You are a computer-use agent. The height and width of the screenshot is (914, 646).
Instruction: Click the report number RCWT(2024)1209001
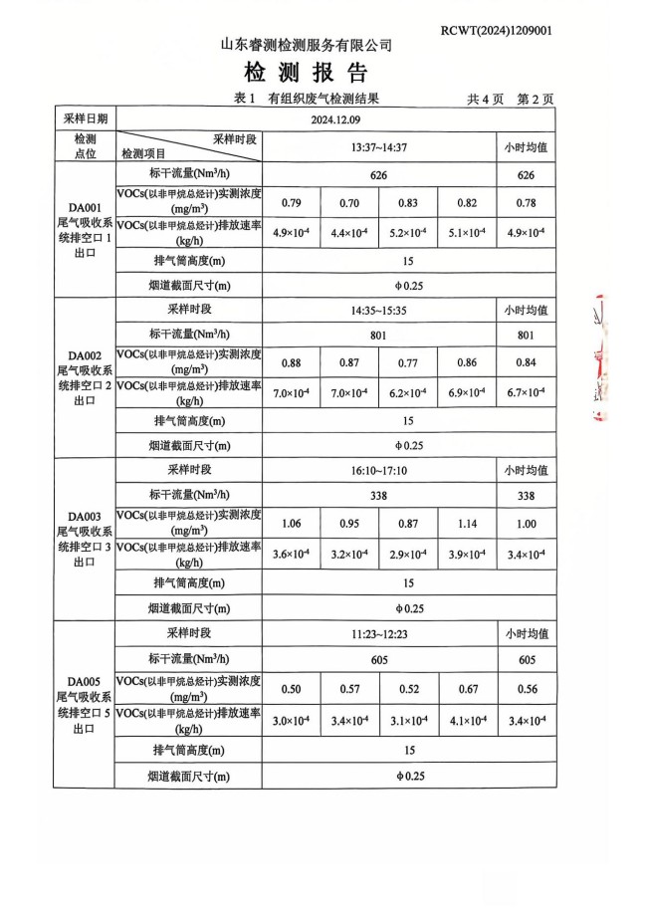[x=496, y=31]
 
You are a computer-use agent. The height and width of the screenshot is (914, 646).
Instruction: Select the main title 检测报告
[x=306, y=73]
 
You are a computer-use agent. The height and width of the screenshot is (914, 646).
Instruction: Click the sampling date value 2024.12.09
[x=336, y=119]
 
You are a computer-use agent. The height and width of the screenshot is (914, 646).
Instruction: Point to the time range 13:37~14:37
[x=379, y=147]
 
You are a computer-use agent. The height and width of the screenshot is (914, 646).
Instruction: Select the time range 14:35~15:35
[x=379, y=310]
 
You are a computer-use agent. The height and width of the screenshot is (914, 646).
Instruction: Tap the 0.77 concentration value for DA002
[x=408, y=362]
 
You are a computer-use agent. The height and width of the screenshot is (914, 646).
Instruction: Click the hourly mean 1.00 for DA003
[x=526, y=524]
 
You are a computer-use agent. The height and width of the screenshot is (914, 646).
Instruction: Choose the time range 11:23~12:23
[x=379, y=633]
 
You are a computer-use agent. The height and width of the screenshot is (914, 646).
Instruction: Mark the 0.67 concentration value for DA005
[x=466, y=688]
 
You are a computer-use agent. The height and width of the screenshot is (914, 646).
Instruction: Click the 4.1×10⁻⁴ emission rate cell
[x=466, y=720]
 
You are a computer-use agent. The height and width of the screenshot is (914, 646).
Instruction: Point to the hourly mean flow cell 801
[x=526, y=336]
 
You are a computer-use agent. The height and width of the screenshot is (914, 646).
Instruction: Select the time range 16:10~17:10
[x=379, y=470]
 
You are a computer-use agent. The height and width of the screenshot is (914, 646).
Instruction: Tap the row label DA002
[x=85, y=355]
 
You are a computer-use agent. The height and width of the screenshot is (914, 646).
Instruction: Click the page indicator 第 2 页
[x=535, y=100]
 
